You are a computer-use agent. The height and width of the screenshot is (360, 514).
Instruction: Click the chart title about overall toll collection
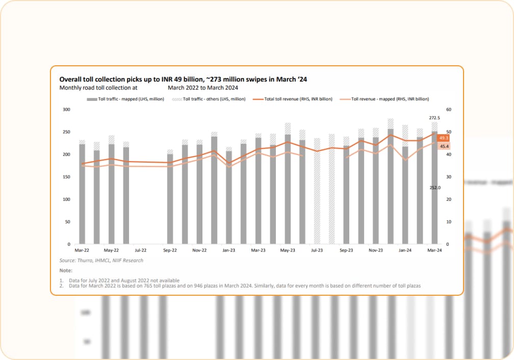pyautogui.click(x=183, y=79)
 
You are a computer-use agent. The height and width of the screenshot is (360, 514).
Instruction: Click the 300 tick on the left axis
pyautogui.click(x=66, y=110)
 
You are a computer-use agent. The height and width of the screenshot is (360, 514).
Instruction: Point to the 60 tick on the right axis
pyautogui.click(x=449, y=110)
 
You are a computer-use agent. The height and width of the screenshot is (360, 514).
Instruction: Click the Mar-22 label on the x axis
pyautogui.click(x=82, y=250)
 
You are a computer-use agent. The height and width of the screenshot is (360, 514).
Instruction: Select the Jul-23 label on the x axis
pyautogui.click(x=317, y=250)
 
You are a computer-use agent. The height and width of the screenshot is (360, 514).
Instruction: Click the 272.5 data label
pyautogui.click(x=434, y=118)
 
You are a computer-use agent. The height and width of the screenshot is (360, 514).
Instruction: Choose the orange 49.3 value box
pyautogui.click(x=444, y=138)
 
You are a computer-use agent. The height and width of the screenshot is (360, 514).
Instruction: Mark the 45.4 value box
pyautogui.click(x=444, y=147)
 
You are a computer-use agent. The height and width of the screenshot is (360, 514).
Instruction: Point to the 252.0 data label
pyautogui.click(x=434, y=188)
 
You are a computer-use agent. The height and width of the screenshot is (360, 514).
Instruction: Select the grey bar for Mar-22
pyautogui.click(x=82, y=194)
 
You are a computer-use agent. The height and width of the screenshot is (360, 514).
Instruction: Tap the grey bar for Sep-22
pyautogui.click(x=170, y=199)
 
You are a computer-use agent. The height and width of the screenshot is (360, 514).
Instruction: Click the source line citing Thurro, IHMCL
pyautogui.click(x=101, y=260)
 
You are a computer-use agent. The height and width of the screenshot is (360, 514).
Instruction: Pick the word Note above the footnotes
pyautogui.click(x=66, y=270)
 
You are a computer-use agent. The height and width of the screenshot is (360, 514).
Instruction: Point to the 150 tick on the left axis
pyautogui.click(x=66, y=177)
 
